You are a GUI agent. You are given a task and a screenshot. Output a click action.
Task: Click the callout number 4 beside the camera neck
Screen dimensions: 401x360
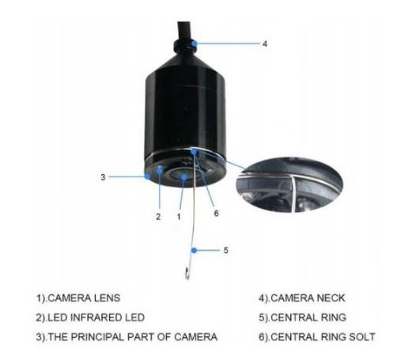(264, 44)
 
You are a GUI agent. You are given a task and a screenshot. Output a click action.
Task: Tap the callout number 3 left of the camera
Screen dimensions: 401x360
(103, 177)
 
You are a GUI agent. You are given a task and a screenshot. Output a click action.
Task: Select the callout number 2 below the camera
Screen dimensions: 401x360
(158, 217)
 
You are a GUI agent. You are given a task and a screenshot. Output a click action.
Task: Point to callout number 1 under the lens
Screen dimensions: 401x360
(179, 217)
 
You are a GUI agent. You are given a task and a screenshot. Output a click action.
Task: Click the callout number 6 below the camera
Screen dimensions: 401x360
(216, 213)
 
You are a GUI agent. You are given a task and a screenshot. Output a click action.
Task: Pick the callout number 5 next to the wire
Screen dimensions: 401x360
(225, 250)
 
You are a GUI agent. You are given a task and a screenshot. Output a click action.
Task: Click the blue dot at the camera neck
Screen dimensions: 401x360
(195, 44)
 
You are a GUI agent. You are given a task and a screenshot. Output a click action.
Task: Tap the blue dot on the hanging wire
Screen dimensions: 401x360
(194, 250)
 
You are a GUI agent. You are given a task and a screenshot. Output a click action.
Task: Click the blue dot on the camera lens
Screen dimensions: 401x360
(183, 177)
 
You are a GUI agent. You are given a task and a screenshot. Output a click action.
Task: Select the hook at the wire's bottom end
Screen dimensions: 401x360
(187, 274)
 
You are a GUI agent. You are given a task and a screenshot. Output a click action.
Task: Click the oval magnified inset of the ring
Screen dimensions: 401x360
(289, 184)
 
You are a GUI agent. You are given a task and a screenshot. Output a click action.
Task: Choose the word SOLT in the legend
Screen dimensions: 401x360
(362, 337)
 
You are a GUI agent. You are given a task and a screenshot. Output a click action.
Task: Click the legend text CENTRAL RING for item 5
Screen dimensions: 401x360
(308, 317)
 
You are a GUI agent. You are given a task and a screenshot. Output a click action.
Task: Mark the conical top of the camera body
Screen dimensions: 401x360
(184, 61)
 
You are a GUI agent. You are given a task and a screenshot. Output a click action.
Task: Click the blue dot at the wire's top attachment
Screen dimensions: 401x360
(194, 152)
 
